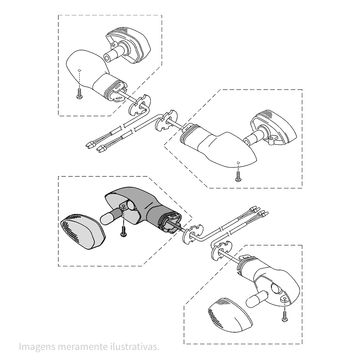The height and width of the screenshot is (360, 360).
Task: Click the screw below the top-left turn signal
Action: [x=80, y=94]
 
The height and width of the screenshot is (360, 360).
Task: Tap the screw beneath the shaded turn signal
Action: [x=123, y=231]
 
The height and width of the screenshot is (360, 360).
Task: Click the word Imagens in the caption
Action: [x=37, y=346]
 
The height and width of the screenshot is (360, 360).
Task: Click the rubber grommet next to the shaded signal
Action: [x=193, y=234]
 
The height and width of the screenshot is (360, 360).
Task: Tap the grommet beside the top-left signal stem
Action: [x=140, y=105]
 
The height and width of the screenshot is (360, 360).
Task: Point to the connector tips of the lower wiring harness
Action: [x=95, y=147]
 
